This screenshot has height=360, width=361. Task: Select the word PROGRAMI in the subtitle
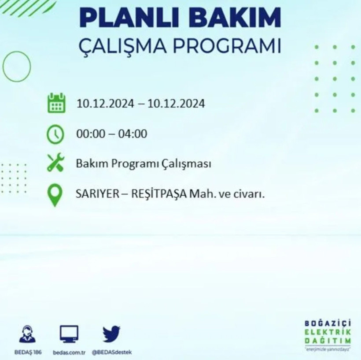tap(228, 46)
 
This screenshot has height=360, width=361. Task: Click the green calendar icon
tap(56, 103)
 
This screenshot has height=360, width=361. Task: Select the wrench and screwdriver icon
tap(56, 164)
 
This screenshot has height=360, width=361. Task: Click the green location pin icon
tap(55, 195)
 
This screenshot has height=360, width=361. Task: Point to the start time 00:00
tap(91, 134)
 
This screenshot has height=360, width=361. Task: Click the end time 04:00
tap(133, 134)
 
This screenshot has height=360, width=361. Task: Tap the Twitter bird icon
tap(111, 334)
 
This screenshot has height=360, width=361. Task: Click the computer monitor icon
tap(69, 334)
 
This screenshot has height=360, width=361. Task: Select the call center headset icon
tap(28, 334)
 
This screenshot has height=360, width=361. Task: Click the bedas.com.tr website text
tap(69, 352)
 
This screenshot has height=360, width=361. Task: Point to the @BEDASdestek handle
tap(112, 352)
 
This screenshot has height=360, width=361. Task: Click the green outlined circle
tap(17, 66)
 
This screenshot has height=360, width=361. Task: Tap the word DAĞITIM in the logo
tap(328, 342)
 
